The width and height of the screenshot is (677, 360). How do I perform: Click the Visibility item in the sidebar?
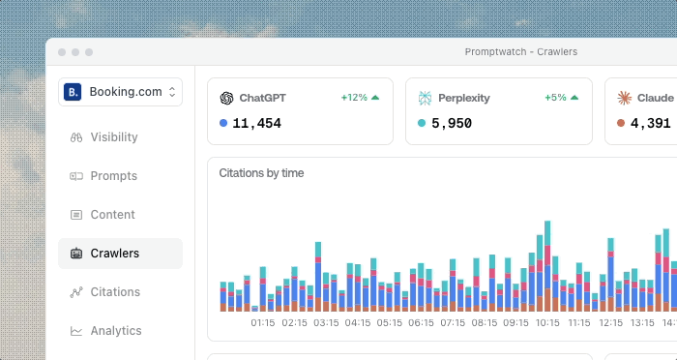pyautogui.click(x=103, y=137)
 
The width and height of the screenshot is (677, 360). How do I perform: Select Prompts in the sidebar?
pyautogui.click(x=103, y=176)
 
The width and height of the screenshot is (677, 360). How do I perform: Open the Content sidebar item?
pyautogui.click(x=103, y=215)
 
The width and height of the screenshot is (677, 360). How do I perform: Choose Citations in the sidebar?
pyautogui.click(x=104, y=292)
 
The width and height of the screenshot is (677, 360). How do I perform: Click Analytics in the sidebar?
pyautogui.click(x=105, y=331)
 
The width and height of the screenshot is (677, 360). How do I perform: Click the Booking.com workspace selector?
pyautogui.click(x=120, y=92)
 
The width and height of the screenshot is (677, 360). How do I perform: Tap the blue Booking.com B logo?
pyautogui.click(x=73, y=92)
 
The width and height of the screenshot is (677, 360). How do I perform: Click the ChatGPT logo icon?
pyautogui.click(x=226, y=98)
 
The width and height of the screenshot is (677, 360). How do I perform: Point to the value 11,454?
pyautogui.click(x=257, y=124)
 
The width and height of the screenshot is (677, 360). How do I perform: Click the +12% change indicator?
pyautogui.click(x=360, y=98)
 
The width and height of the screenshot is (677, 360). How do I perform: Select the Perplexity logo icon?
pyautogui.click(x=425, y=98)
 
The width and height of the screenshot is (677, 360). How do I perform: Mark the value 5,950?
pyautogui.click(x=452, y=124)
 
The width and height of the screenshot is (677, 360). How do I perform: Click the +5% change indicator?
pyautogui.click(x=561, y=98)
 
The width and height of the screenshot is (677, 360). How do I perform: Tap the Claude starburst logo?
pyautogui.click(x=625, y=98)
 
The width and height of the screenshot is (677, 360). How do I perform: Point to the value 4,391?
pyautogui.click(x=651, y=124)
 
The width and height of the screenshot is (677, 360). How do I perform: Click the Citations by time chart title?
pyautogui.click(x=261, y=173)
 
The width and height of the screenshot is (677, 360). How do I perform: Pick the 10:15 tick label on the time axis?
pyautogui.click(x=547, y=323)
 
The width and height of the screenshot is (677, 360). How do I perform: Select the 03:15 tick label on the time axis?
pyautogui.click(x=326, y=323)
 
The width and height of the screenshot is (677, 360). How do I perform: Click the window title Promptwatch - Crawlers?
pyautogui.click(x=520, y=52)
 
